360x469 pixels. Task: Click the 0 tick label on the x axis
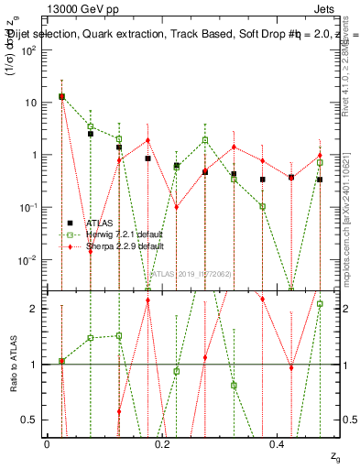point(47,443)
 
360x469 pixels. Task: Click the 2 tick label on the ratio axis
point(37,309)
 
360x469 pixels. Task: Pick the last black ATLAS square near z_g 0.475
point(320,180)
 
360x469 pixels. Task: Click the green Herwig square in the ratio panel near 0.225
point(176,371)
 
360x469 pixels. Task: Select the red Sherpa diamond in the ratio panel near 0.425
point(291,368)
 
